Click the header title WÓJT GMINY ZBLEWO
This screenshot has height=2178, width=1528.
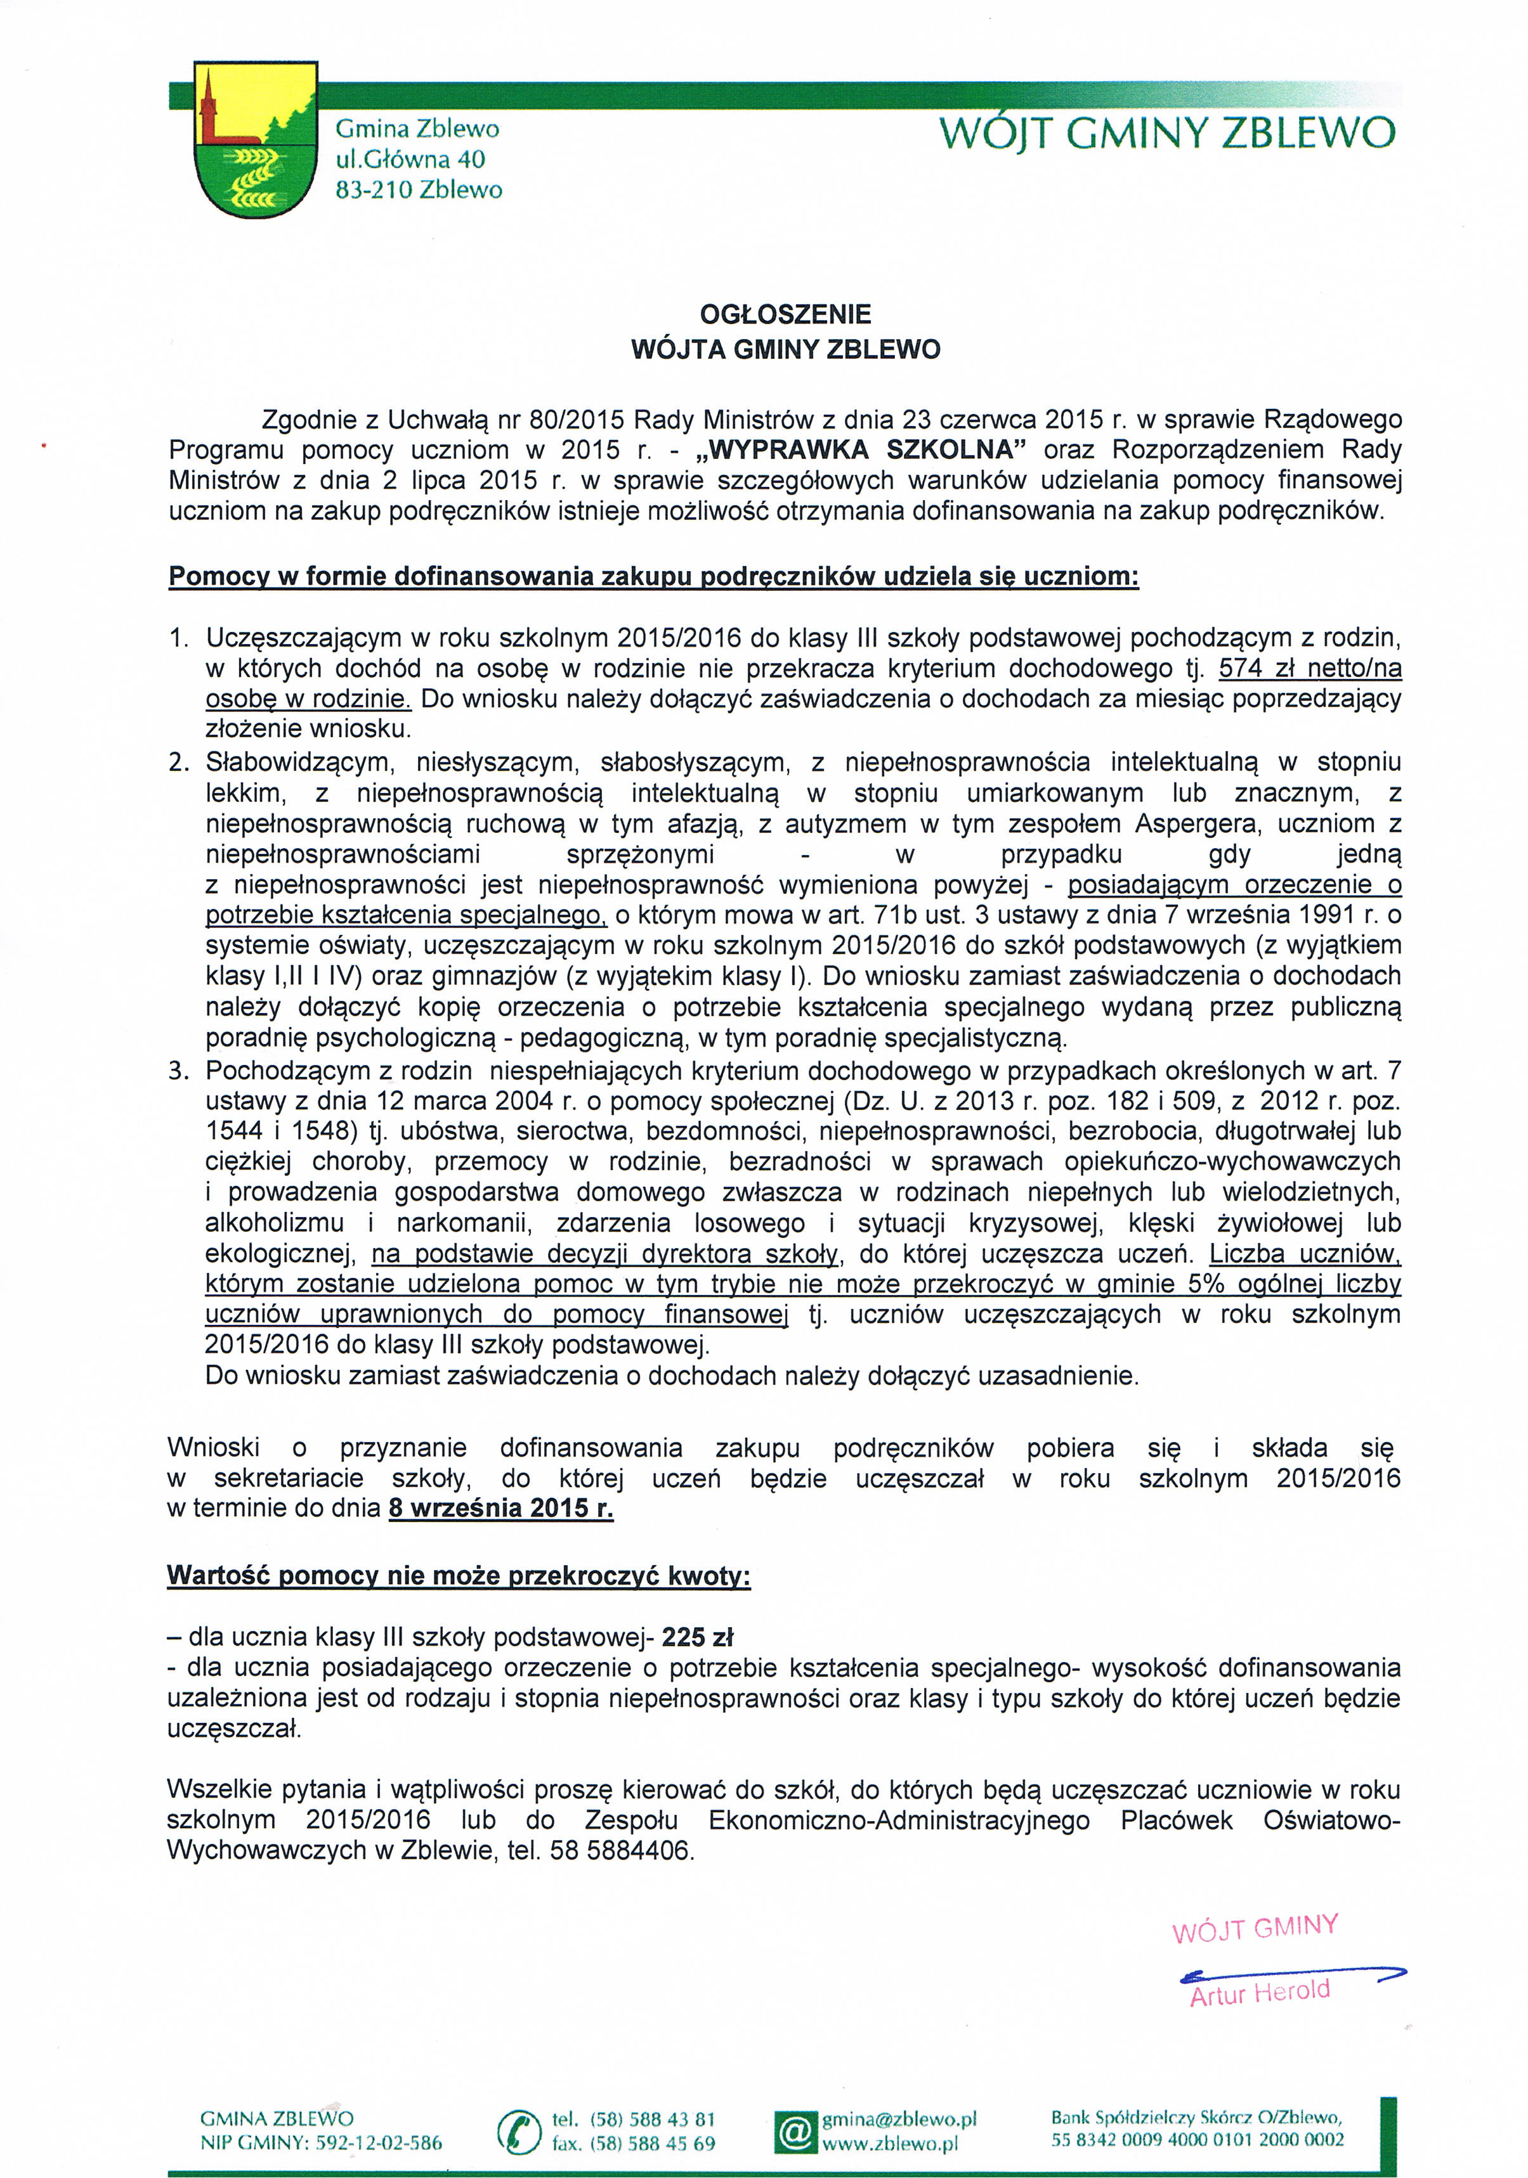(x=1166, y=134)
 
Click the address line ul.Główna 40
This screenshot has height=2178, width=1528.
(x=410, y=158)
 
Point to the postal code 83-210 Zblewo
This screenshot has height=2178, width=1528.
(x=419, y=190)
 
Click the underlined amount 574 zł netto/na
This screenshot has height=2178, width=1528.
(x=1310, y=669)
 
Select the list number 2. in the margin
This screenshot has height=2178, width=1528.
(x=180, y=762)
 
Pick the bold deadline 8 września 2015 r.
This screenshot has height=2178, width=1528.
(x=501, y=1508)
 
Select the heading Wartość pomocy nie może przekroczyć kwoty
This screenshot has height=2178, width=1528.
(x=459, y=1576)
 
